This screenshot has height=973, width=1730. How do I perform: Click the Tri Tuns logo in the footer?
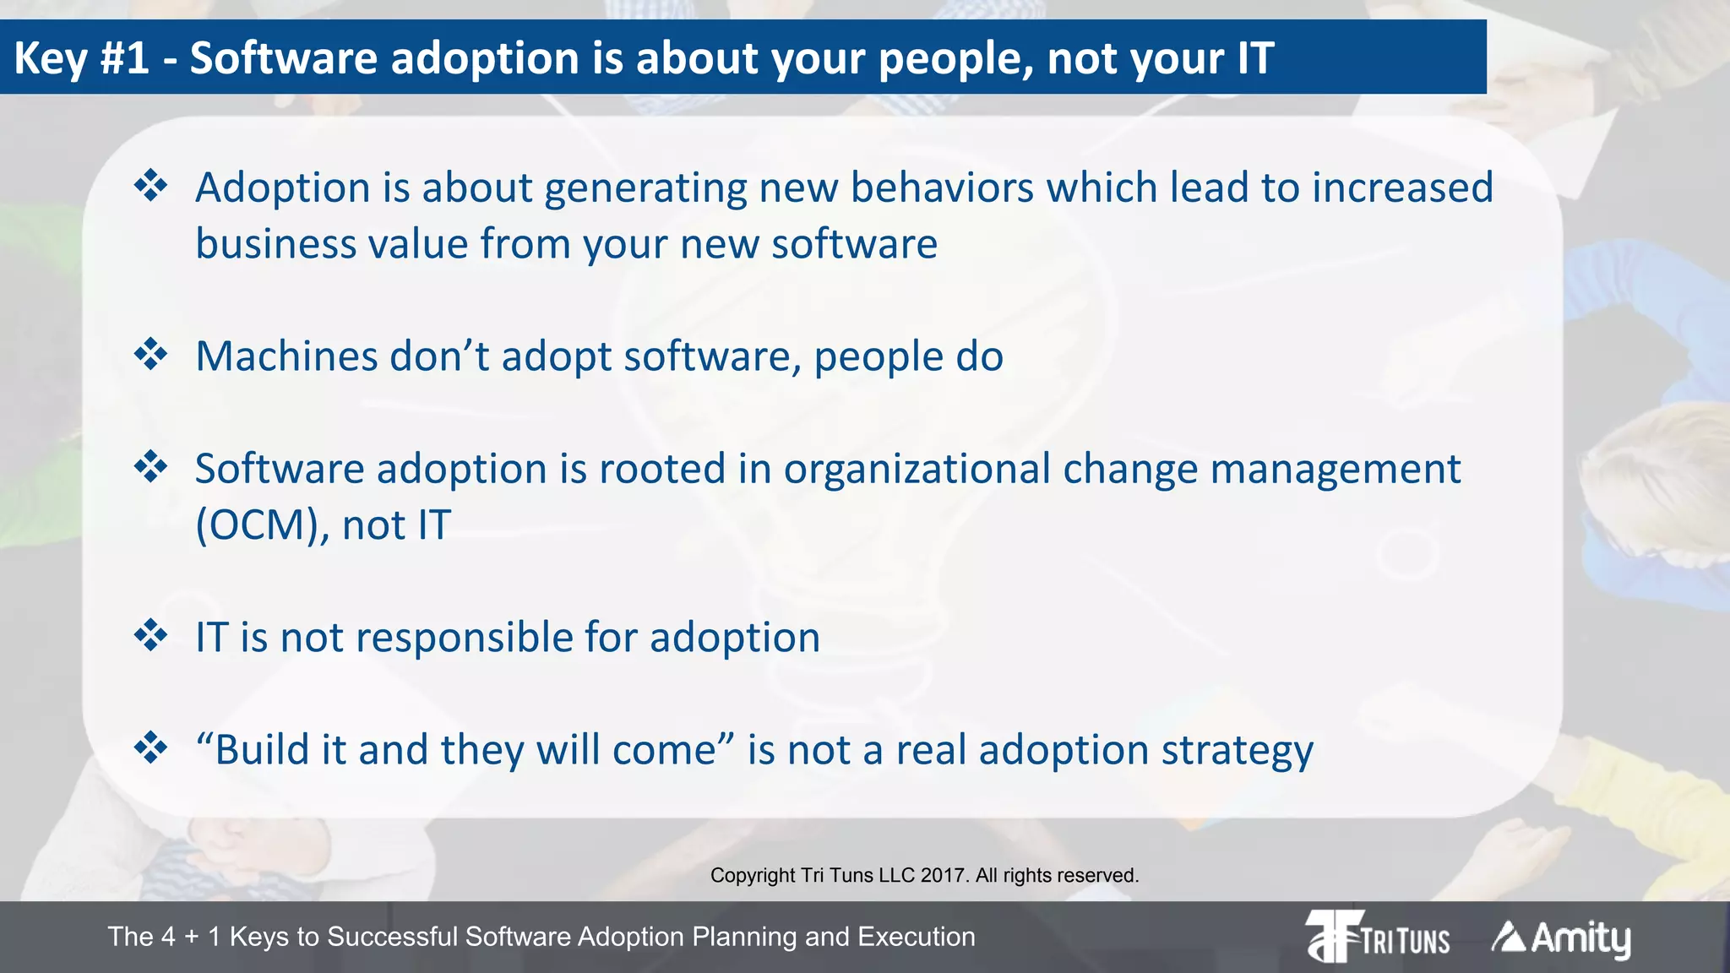pyautogui.click(x=1378, y=937)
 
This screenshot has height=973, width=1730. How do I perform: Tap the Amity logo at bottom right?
pyautogui.click(x=1561, y=938)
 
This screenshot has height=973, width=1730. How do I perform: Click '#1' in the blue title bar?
pyautogui.click(x=124, y=58)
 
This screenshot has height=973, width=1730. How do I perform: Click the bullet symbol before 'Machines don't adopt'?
pyautogui.click(x=151, y=354)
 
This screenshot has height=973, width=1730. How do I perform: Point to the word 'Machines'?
pyautogui.click(x=286, y=356)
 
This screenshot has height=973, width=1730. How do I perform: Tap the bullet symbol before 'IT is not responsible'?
pyautogui.click(x=151, y=635)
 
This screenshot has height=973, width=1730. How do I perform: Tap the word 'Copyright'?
pyautogui.click(x=752, y=876)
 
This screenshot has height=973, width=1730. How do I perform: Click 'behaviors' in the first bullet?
pyautogui.click(x=941, y=188)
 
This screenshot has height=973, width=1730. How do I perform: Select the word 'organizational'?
pyautogui.click(x=917, y=470)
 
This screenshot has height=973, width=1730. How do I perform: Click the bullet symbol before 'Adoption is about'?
pyautogui.click(x=151, y=185)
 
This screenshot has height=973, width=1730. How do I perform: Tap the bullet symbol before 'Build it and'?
pyautogui.click(x=151, y=747)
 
